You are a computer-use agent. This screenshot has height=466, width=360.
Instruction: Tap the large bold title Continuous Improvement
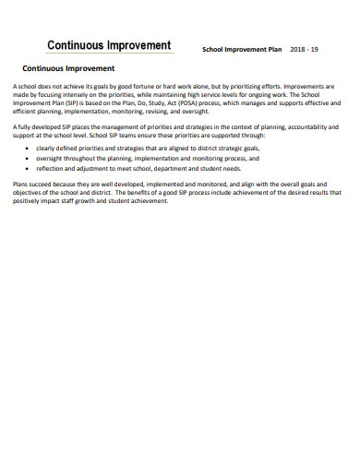click(109, 46)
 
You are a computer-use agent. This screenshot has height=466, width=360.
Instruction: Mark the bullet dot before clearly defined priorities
click(27, 148)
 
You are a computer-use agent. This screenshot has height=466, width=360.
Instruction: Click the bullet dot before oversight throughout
click(27, 159)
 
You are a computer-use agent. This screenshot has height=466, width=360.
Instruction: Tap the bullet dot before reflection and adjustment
click(27, 170)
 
